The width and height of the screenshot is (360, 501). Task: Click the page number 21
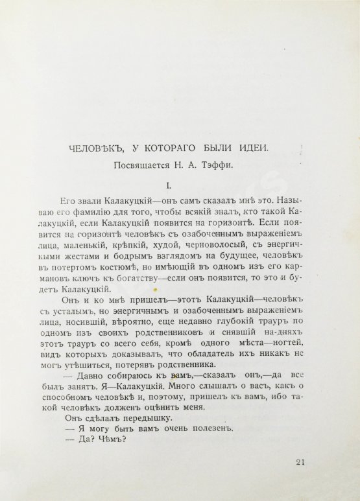point(299,461)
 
